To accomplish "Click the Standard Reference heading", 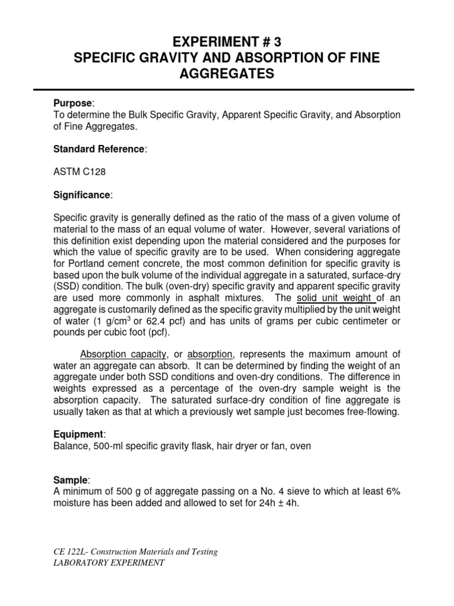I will (x=99, y=149).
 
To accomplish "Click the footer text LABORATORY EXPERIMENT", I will (x=108, y=563).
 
